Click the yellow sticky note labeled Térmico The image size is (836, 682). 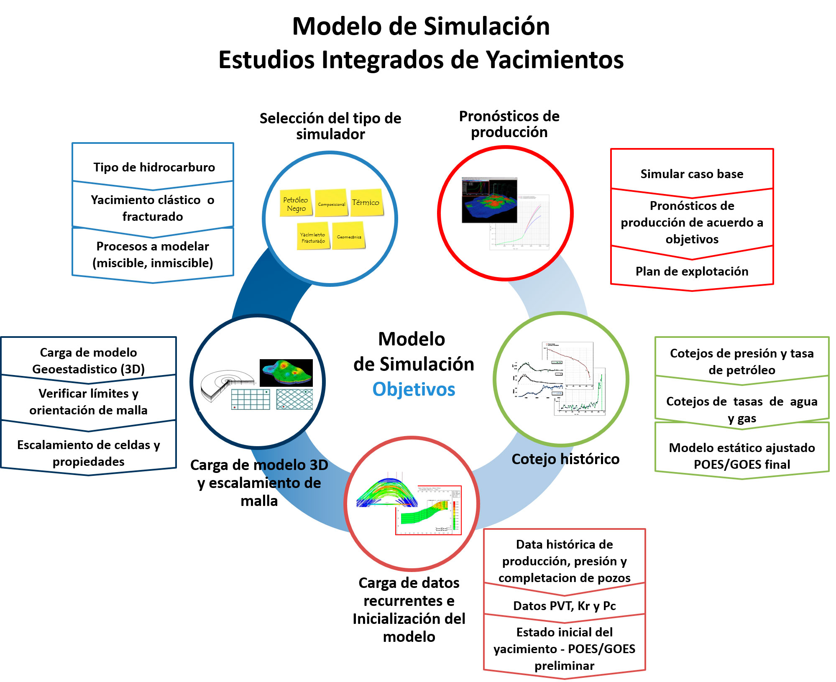366,202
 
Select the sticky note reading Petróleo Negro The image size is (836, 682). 296,203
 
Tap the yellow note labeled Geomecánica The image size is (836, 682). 348,236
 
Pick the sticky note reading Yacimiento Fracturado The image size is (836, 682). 313,237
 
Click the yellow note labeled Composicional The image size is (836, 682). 331,203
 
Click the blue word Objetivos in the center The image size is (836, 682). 414,389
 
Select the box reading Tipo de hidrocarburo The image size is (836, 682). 153,167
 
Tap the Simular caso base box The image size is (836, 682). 692,174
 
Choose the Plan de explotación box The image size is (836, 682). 692,271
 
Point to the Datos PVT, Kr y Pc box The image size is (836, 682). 564,605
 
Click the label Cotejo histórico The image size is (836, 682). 565,459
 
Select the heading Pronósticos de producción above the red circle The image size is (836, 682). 509,124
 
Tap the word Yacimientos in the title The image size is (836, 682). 555,60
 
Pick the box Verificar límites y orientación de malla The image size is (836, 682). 88,401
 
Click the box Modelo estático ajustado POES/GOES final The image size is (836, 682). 741,456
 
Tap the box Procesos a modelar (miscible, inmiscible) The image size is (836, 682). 153,254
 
